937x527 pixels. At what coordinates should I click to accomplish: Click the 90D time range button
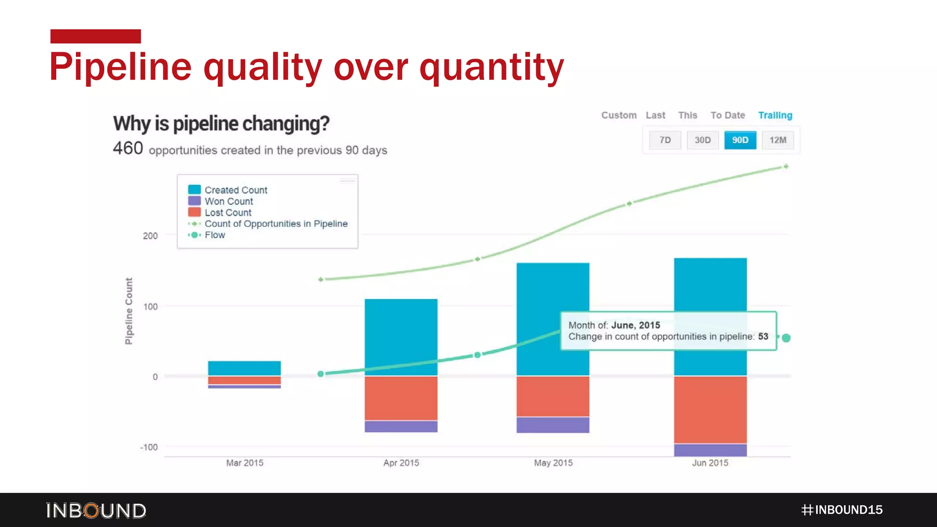click(740, 140)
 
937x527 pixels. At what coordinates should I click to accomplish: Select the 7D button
click(665, 140)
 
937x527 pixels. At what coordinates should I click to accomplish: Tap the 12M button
click(777, 140)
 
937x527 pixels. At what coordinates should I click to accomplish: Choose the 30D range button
click(702, 140)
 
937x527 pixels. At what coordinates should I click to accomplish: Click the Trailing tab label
click(775, 115)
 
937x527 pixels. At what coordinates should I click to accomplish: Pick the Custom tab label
click(619, 115)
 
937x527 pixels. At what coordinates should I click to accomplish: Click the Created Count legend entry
click(236, 190)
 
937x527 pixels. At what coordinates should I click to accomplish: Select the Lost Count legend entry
click(228, 213)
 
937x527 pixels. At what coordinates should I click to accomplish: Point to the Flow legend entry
click(215, 235)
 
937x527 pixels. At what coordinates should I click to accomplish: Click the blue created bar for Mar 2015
click(244, 368)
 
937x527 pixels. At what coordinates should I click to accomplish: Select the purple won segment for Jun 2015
click(710, 450)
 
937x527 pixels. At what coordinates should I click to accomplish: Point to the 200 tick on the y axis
click(150, 236)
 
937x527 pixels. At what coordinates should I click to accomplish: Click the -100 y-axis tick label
click(149, 447)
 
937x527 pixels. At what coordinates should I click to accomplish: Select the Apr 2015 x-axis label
click(401, 463)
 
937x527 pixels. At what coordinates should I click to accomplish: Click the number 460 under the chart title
click(128, 149)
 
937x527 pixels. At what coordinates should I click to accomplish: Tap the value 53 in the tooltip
click(763, 337)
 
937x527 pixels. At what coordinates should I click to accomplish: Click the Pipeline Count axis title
click(129, 311)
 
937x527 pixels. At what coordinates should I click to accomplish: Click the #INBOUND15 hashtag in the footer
click(842, 510)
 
